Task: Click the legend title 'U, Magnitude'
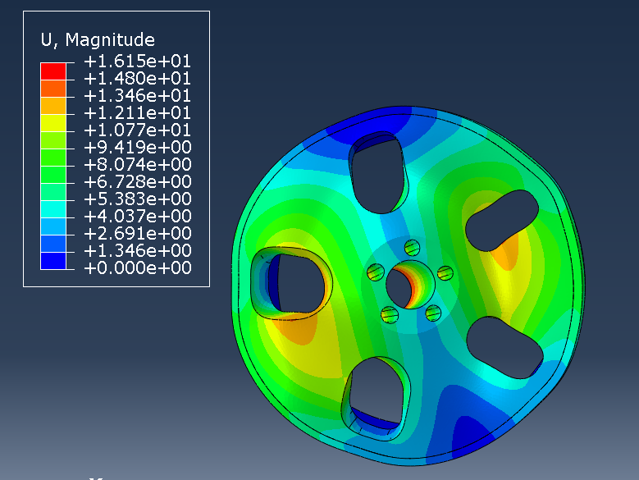coord(98,40)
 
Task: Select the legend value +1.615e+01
coord(137,62)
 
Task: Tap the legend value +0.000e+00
coord(137,268)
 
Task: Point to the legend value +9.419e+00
coord(137,148)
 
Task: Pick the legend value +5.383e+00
coord(137,199)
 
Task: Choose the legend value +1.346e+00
coord(137,251)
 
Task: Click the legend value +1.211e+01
coord(137,113)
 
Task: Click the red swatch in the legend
coord(53,71)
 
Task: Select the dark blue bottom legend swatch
coord(53,261)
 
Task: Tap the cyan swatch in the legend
coord(53,209)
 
